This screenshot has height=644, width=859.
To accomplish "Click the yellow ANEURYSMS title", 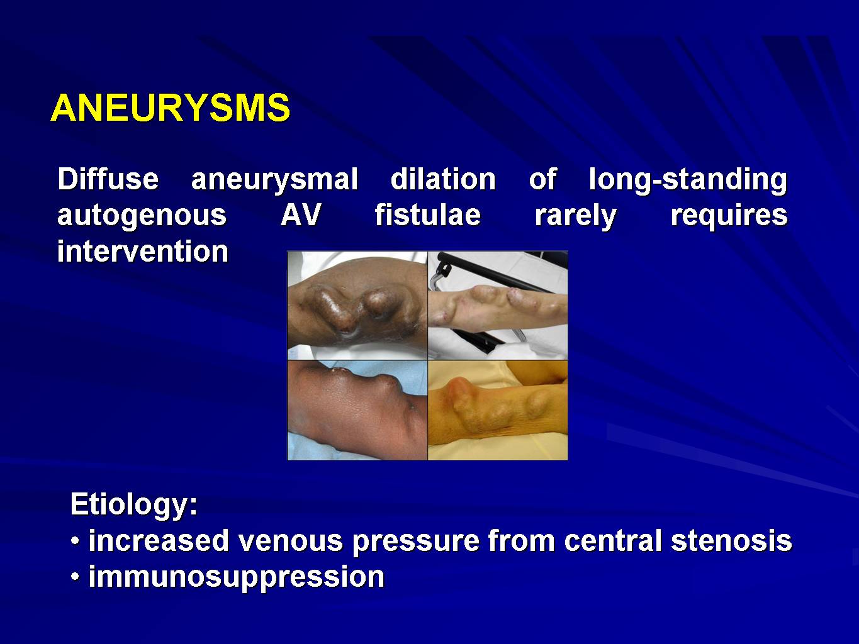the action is click(171, 108).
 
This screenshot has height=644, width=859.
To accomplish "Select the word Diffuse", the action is click(108, 179).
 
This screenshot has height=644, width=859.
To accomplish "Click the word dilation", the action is click(444, 179).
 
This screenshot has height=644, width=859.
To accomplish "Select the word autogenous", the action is click(142, 216).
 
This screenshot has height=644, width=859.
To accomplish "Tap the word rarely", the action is click(576, 216).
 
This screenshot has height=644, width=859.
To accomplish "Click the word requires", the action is click(729, 216).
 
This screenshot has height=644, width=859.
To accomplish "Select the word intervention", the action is click(143, 251).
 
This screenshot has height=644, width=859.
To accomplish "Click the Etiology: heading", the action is click(134, 506).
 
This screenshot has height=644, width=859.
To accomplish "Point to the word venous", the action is click(291, 541).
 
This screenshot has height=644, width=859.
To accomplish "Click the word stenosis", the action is click(731, 540).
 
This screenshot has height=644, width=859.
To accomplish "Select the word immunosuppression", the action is click(237, 577).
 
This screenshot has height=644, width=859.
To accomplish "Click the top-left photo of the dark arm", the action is click(357, 306).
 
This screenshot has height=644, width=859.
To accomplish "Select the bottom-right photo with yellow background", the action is click(498, 410).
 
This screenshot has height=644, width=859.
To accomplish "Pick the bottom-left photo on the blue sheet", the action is click(357, 410).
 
